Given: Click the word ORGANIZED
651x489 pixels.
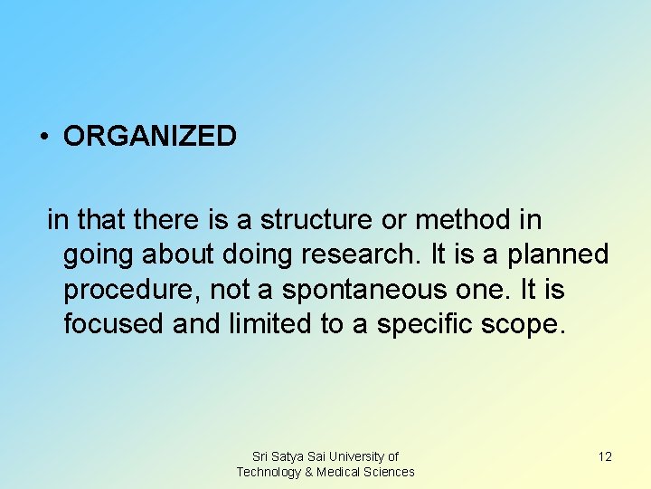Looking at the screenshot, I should [150, 137].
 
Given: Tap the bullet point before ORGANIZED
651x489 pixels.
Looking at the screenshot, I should [43, 138].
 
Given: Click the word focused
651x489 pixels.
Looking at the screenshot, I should [114, 324].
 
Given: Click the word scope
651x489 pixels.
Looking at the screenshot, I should [527, 324].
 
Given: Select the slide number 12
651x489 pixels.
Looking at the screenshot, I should [605, 456].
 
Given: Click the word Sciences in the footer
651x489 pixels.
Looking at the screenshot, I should [390, 472].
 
